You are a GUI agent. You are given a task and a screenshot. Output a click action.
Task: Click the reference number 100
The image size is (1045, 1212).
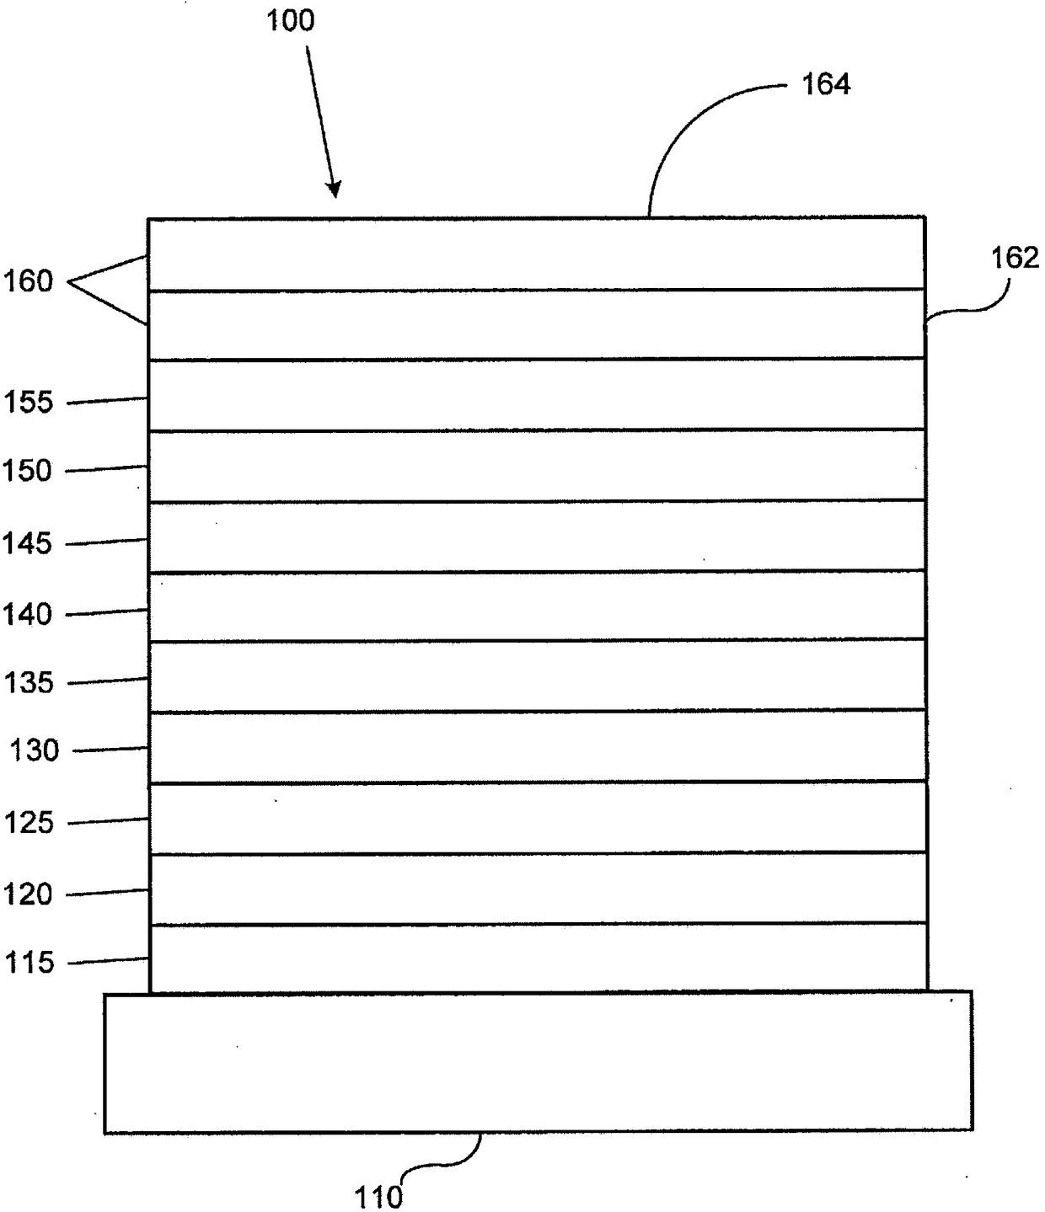point(291,21)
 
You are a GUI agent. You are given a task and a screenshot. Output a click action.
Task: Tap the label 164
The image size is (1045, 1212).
point(826,84)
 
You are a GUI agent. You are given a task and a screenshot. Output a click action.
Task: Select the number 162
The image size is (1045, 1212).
point(1015,258)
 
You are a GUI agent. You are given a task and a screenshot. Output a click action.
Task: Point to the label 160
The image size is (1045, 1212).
point(28,281)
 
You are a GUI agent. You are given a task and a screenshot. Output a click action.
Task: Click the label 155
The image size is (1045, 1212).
point(28,403)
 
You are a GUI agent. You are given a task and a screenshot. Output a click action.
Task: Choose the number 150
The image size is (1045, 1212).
point(27,471)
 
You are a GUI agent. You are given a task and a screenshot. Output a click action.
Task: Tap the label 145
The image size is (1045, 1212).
point(27,543)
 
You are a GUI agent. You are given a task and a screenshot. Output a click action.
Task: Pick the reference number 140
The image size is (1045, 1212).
point(27,615)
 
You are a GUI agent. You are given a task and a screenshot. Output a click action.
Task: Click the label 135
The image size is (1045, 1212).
point(28,683)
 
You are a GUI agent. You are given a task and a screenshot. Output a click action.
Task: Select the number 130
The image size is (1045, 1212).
point(34,750)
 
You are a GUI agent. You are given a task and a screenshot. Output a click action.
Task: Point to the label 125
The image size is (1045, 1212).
point(28,823)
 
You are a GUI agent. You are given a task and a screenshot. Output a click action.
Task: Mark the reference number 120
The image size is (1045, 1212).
point(28,894)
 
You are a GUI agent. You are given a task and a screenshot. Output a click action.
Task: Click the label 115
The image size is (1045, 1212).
point(29,963)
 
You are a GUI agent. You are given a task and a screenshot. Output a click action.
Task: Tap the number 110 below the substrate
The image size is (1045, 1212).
point(378,1197)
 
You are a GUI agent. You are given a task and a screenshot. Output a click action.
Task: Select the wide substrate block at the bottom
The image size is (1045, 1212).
point(538,1062)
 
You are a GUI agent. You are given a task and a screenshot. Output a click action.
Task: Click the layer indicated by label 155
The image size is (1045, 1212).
point(537,395)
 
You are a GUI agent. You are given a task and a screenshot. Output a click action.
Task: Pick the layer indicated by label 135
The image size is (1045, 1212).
point(538,675)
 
